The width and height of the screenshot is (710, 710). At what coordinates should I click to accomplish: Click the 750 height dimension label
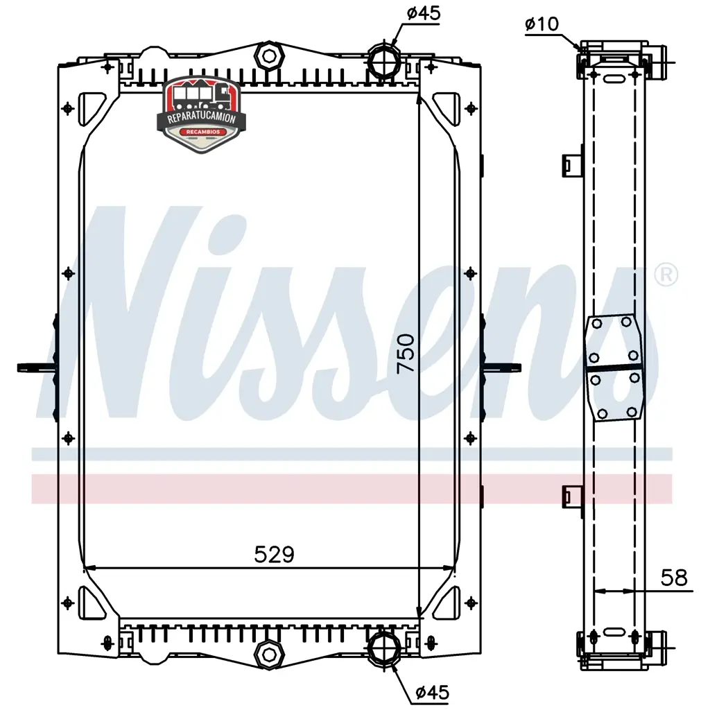click(406, 354)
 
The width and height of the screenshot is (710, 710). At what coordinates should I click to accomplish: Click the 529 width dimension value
click(275, 554)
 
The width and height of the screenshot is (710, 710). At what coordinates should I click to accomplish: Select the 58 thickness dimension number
click(674, 578)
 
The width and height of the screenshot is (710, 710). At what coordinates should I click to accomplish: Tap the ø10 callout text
click(542, 24)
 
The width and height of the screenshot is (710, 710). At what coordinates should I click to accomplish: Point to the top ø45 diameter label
click(424, 13)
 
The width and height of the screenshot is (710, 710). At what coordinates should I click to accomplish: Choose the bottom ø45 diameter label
click(433, 693)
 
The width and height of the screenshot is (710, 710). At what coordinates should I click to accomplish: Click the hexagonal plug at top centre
click(270, 55)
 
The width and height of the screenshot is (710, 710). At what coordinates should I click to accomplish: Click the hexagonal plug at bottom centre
click(270, 654)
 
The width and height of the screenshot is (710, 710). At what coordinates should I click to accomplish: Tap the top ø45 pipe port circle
click(384, 61)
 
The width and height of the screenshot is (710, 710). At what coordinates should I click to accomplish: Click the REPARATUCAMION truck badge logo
click(202, 114)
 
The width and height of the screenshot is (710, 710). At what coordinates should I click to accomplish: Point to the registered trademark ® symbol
click(666, 275)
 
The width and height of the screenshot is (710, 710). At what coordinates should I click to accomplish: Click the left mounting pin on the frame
click(36, 367)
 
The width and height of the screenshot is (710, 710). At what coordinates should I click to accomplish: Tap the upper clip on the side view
click(572, 164)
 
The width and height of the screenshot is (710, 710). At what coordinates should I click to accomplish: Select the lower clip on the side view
click(572, 496)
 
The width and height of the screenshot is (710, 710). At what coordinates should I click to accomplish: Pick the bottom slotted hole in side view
click(614, 632)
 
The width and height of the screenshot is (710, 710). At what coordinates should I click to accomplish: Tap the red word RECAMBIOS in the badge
click(203, 132)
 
